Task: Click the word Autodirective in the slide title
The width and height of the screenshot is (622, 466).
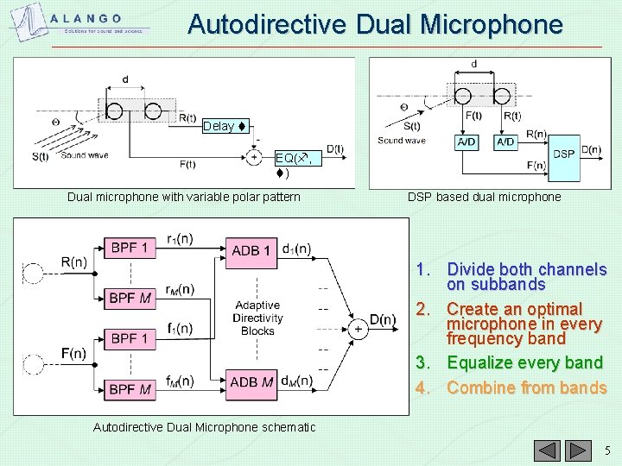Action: pos(259,24)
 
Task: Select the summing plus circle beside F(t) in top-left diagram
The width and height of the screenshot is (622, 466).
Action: pos(253,157)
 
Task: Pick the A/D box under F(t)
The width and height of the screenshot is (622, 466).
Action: pos(466,142)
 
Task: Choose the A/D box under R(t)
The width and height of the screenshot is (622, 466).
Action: pos(506,142)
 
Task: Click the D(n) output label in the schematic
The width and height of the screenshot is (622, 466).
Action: pos(383,320)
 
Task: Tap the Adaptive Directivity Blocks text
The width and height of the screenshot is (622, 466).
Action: pos(257,318)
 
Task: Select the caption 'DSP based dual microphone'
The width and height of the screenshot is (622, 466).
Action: pos(484,197)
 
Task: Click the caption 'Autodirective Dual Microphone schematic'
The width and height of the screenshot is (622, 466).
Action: pos(204,427)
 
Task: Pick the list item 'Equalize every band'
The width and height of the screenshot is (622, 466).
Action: pos(526,363)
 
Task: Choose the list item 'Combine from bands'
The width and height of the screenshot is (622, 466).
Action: pos(526,387)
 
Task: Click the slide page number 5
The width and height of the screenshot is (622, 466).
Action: pos(607,450)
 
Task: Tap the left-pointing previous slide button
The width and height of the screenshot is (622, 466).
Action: pos(546,450)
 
